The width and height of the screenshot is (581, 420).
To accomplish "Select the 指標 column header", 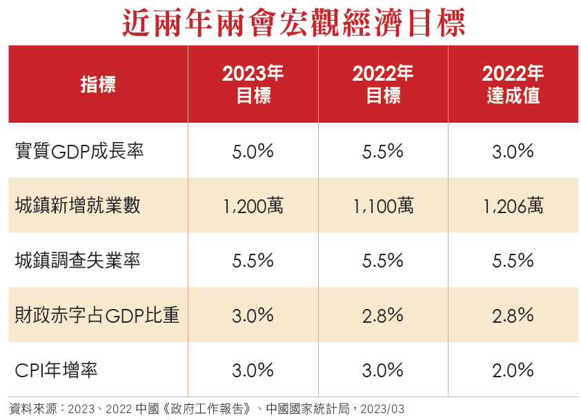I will point(98,85).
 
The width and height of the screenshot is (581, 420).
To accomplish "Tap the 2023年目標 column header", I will point(253,85).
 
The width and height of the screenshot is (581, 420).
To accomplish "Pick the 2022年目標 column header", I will point(383,85).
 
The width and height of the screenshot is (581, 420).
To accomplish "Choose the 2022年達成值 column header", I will point(513,85).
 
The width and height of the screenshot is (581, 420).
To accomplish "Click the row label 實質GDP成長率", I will point(79,151).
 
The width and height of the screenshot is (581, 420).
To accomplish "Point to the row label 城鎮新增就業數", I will point(77,206).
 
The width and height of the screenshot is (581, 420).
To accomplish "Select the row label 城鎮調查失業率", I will point(77,260).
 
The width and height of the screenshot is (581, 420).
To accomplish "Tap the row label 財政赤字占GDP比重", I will point(97,315).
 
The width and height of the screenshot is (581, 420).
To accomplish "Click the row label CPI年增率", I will point(56,370).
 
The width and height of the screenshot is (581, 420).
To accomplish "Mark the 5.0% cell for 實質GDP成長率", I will point(253,151).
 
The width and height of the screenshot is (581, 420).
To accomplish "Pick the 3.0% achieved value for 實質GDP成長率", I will point(513,151).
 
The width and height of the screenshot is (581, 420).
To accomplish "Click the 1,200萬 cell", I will point(253,206).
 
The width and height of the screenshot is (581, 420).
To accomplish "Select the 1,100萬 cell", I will point(383,206).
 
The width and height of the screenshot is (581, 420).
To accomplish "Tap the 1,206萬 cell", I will point(513,206).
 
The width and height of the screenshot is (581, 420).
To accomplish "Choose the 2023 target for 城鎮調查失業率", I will point(253,260).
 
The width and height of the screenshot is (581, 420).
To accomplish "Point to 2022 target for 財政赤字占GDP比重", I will point(383,315).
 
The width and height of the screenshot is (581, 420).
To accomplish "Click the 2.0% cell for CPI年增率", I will point(513,370).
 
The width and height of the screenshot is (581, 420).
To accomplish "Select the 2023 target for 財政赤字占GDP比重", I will point(253,315).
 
